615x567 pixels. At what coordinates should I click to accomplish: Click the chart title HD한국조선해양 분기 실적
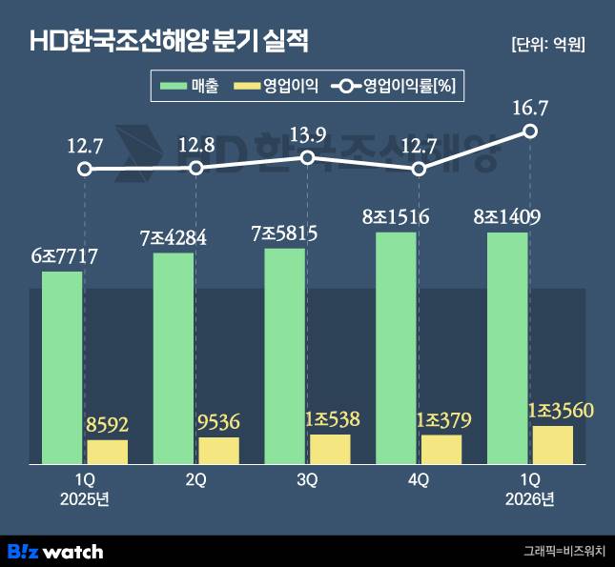tap(170, 41)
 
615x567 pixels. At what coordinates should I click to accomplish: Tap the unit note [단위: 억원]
tap(548, 45)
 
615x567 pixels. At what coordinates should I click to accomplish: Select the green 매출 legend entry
tap(189, 86)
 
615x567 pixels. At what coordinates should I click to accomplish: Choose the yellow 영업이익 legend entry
tap(277, 86)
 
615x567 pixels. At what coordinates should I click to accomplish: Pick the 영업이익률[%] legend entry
tap(394, 86)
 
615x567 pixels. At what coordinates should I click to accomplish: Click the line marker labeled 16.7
tap(530, 131)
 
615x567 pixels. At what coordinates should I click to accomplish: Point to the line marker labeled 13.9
tap(307, 158)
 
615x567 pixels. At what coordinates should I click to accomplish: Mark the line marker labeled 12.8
tap(196, 169)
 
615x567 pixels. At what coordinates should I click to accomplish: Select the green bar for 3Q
tap(285, 356)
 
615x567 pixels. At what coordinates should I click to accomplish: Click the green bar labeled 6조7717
tap(62, 368)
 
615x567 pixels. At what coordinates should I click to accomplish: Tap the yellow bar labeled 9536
tap(219, 451)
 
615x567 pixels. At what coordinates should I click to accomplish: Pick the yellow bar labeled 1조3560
tap(553, 445)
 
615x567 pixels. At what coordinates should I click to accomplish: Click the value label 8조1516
tap(396, 217)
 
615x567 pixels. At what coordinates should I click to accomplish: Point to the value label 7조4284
tap(174, 237)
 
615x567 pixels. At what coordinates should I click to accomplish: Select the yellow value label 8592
tap(107, 425)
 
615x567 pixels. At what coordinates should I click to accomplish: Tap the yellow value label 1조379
tap(443, 421)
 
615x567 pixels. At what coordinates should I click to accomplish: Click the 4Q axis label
tap(419, 479)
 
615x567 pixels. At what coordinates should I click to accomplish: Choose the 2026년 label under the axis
tap(529, 499)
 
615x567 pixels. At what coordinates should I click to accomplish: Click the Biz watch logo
tap(55, 552)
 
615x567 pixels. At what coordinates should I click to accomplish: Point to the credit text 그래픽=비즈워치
tap(564, 551)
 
